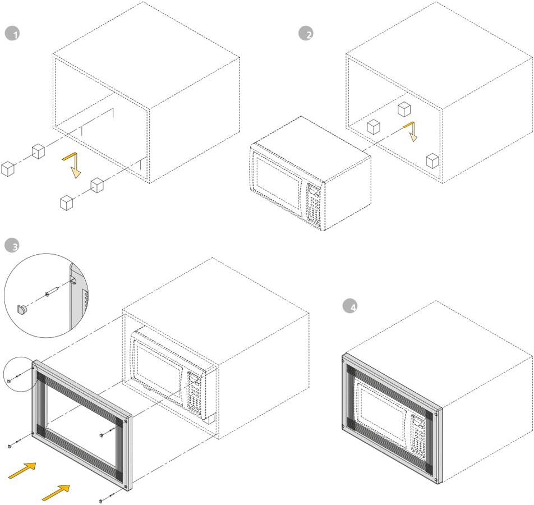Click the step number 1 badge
tap(12, 34)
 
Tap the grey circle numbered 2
tap(306, 34)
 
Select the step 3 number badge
tap(12, 246)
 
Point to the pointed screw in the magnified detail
tap(52, 292)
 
